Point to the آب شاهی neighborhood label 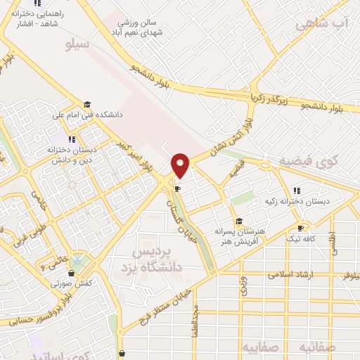coord(322,24)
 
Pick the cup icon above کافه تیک coord(301,228)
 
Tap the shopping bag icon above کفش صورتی coord(72,273)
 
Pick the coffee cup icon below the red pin coord(178,188)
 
